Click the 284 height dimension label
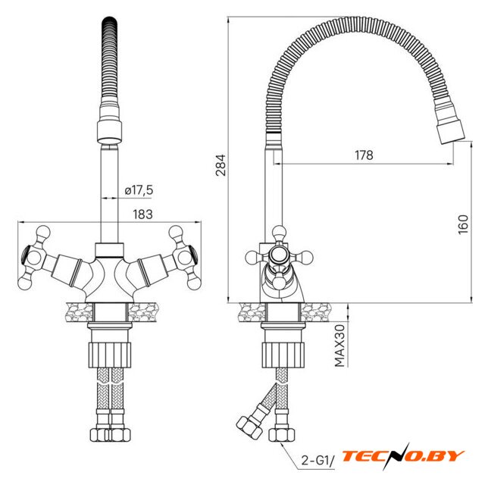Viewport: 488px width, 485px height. point(221,165)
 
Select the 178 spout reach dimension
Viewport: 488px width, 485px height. point(364,155)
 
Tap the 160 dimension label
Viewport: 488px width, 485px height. point(463,224)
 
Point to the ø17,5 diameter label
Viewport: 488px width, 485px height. point(139,190)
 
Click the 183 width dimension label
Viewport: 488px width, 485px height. point(143,214)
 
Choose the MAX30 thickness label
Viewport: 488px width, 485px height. point(339,346)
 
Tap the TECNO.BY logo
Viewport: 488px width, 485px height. point(403,456)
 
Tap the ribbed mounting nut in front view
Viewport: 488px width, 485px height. point(110,355)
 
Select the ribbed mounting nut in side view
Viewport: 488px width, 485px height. point(283,355)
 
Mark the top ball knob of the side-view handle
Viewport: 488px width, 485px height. point(279,232)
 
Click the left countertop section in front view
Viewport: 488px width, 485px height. point(80,312)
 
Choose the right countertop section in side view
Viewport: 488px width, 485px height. point(316,312)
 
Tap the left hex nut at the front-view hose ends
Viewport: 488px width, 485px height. point(99,435)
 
